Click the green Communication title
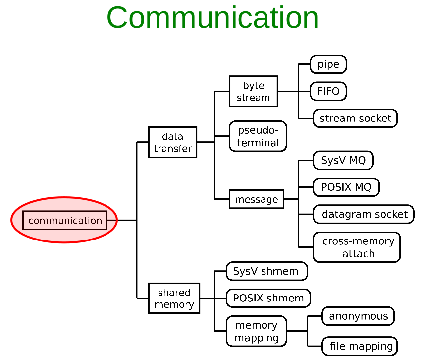(212, 18)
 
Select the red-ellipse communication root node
(64, 220)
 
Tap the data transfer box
(172, 142)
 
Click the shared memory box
(174, 299)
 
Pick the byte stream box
(253, 91)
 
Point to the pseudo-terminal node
(258, 136)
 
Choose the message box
(257, 199)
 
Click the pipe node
(328, 64)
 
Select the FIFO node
(328, 91)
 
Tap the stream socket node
(355, 118)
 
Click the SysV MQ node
(343, 161)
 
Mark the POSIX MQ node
(346, 187)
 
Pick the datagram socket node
(364, 214)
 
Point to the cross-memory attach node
(357, 247)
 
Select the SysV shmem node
(266, 271)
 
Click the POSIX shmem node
(268, 298)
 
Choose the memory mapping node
(256, 331)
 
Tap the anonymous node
(358, 316)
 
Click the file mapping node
(360, 346)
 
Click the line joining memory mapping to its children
(298, 331)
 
